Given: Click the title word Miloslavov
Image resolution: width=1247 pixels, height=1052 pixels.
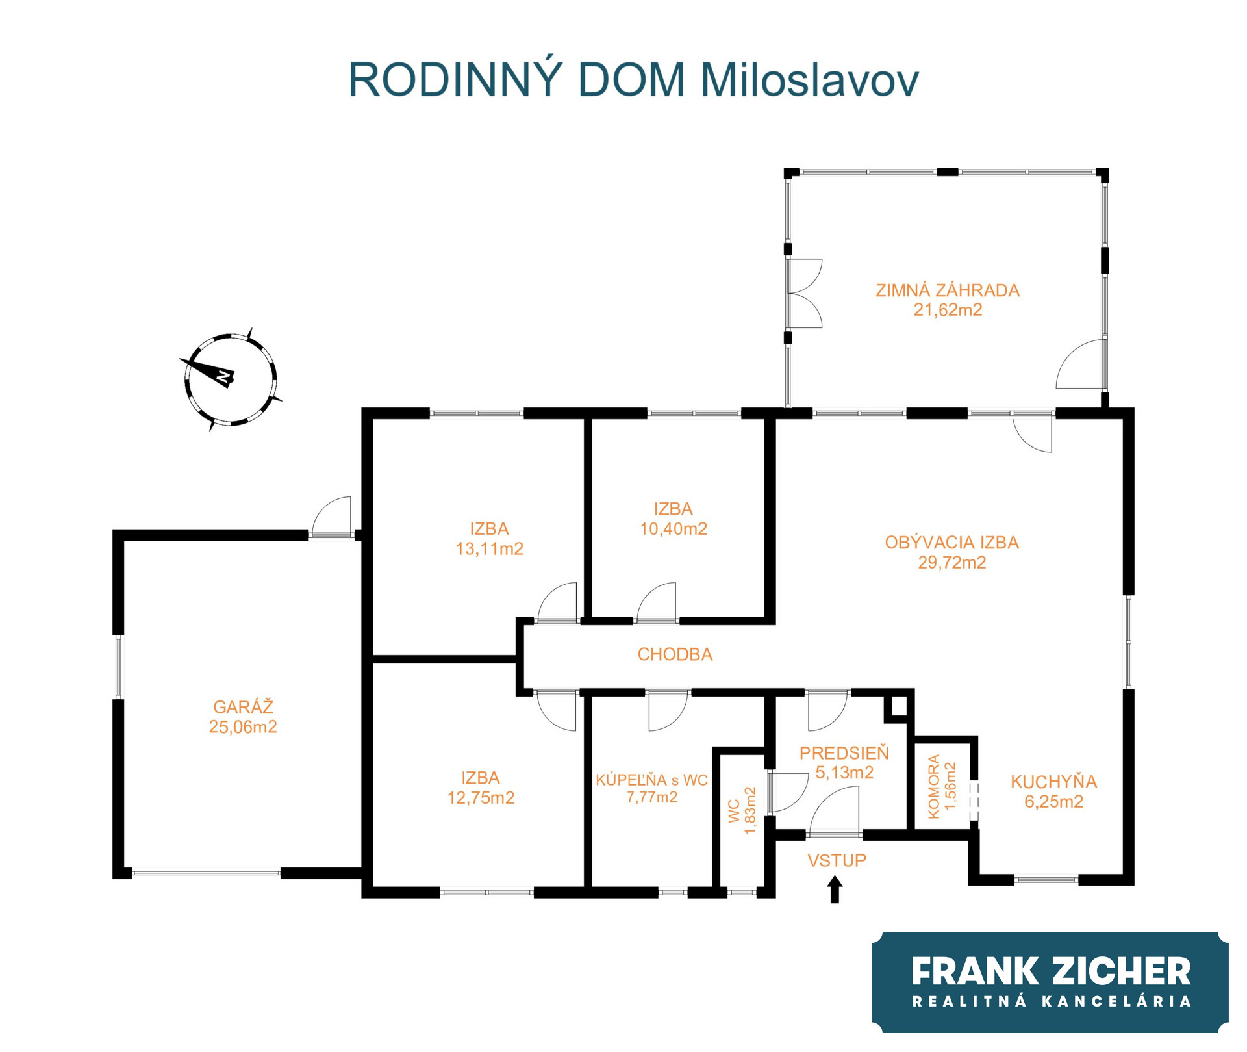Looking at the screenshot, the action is pyautogui.click(x=809, y=80).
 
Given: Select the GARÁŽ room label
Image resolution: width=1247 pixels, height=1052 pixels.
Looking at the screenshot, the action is pyautogui.click(x=243, y=706).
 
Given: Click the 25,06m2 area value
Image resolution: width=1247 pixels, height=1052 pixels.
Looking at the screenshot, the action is pyautogui.click(x=243, y=726).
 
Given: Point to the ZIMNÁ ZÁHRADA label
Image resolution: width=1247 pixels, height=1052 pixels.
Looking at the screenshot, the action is pyautogui.click(x=948, y=290).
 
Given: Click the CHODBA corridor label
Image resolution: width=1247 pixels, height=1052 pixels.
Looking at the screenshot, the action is pyautogui.click(x=675, y=654).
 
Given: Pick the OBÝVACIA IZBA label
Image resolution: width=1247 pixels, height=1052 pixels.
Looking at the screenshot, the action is pyautogui.click(x=951, y=542).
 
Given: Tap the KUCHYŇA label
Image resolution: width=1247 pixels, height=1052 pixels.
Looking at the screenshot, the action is pyautogui.click(x=1053, y=781).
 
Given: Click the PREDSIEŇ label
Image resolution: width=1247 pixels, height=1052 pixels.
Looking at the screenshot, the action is pyautogui.click(x=844, y=752).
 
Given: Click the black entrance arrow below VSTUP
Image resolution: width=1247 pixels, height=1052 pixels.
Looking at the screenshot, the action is pyautogui.click(x=835, y=889).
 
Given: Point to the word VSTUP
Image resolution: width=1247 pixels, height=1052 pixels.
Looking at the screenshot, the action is pyautogui.click(x=837, y=860).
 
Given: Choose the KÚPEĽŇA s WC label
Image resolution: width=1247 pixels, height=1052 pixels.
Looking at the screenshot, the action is pyautogui.click(x=651, y=780).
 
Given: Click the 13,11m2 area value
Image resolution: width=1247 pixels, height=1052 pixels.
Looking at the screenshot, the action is pyautogui.click(x=489, y=549).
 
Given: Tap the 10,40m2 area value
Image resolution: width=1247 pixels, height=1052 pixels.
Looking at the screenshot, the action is pyautogui.click(x=674, y=529).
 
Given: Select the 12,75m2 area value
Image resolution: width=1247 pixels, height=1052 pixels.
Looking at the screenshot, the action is pyautogui.click(x=481, y=798).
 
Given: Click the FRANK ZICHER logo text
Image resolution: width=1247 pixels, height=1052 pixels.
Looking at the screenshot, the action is pyautogui.click(x=1051, y=971).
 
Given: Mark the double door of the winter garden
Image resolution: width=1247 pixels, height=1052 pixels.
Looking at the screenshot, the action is pyautogui.click(x=805, y=293).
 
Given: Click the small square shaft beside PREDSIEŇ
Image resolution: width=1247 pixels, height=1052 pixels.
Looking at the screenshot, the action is pyautogui.click(x=899, y=706).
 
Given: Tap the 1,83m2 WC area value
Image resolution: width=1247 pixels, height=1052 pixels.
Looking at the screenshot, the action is pyautogui.click(x=750, y=810).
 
